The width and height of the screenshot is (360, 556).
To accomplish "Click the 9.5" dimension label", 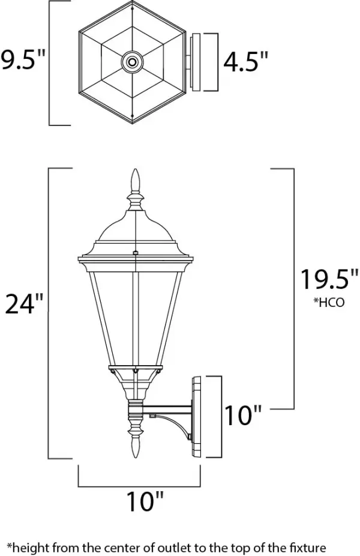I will (x=22, y=61).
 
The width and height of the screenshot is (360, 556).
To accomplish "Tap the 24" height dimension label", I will (x=24, y=304).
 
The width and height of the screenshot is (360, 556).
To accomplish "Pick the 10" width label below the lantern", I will (x=144, y=501).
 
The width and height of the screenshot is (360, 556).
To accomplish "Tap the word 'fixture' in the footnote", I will (x=305, y=547).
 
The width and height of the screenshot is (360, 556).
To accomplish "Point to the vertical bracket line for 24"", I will (x=48, y=312).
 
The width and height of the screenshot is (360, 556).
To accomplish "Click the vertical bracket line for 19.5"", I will (x=293, y=288).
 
